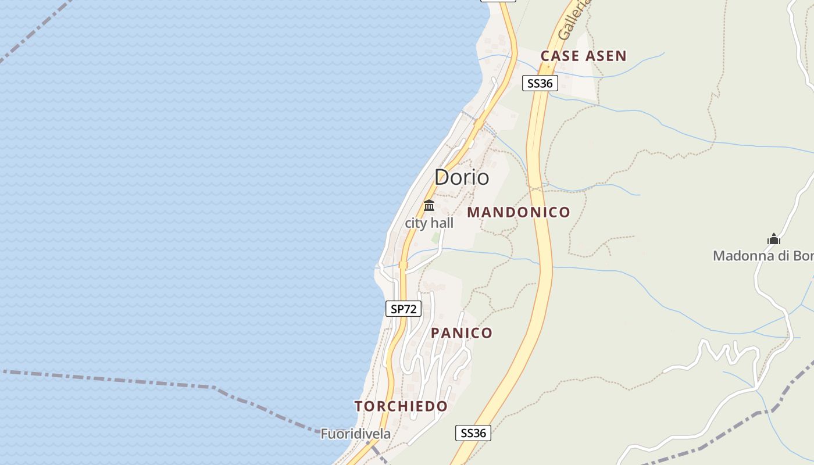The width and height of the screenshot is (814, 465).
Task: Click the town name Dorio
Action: [x=462, y=177]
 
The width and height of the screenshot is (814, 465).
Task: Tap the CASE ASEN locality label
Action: [x=583, y=56]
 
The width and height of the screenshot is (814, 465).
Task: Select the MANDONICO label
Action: [x=518, y=213]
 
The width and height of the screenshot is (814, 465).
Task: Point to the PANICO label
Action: [x=462, y=333]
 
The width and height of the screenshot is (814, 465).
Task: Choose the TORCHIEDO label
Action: [x=401, y=406]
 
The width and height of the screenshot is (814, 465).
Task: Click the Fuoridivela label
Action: [x=356, y=434]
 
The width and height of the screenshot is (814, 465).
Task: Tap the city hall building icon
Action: [x=429, y=205]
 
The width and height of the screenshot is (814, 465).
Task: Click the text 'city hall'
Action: [x=429, y=223]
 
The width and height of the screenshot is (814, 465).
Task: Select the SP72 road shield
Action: [x=404, y=309]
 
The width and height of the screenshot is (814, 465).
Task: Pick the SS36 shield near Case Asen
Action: [x=540, y=83]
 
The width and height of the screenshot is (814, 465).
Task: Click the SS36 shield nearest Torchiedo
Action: [x=473, y=433]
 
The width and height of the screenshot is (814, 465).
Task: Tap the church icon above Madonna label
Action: [x=773, y=239]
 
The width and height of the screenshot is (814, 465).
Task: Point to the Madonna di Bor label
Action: [x=762, y=256]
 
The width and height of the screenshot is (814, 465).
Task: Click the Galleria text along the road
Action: [x=573, y=20]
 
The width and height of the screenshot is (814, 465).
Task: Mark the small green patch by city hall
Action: [x=435, y=237]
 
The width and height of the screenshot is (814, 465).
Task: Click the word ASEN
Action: [x=606, y=56]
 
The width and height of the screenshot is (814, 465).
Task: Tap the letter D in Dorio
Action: [x=442, y=177]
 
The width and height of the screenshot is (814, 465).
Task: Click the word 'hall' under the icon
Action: [x=442, y=223]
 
